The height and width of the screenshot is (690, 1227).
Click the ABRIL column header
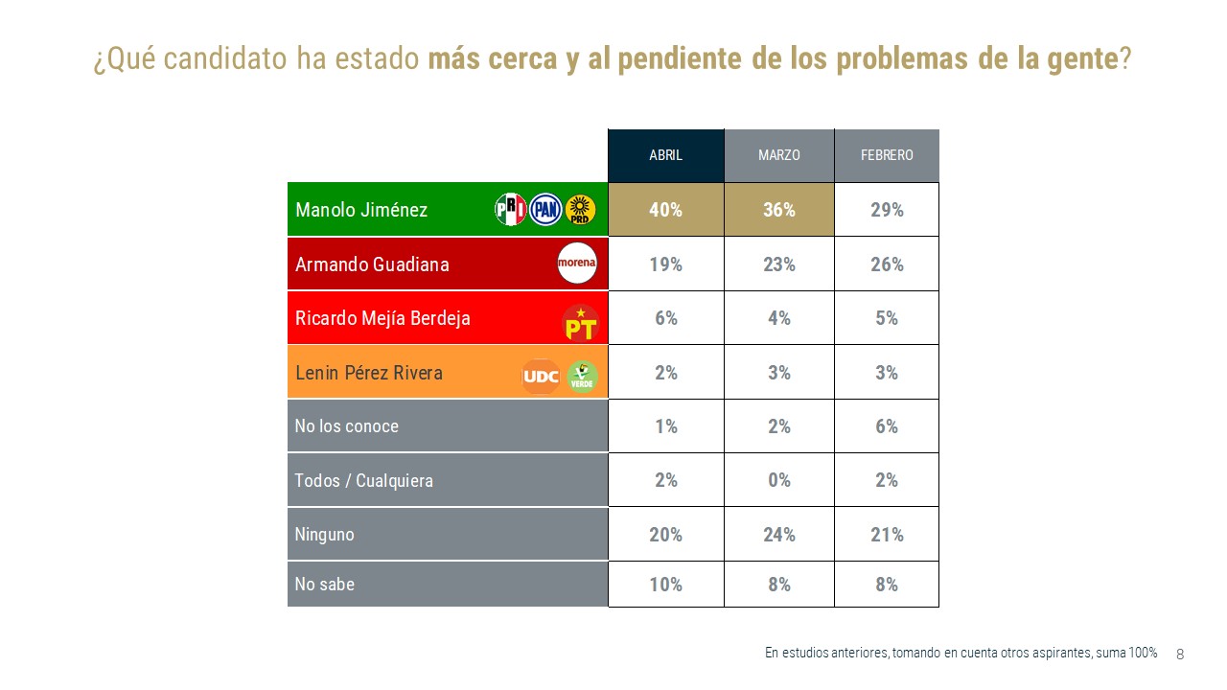665,155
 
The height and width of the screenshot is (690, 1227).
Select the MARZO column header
778,155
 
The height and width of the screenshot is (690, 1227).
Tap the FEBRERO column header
887,155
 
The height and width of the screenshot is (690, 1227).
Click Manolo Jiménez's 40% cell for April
665,210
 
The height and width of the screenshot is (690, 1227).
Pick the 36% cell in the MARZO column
778,210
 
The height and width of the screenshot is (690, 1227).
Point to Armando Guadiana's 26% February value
887,264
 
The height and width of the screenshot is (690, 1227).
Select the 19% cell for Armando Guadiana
665,264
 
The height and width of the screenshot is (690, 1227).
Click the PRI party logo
510,210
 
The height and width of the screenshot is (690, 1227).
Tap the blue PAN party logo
545,210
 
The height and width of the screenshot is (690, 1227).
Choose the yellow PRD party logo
580,210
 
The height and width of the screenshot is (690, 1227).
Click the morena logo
577,264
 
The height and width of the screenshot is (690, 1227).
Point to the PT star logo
579,322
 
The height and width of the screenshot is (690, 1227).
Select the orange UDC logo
540,376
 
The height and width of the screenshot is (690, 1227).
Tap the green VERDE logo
581,376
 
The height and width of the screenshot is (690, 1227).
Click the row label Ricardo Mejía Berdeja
382,318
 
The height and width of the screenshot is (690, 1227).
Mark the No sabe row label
325,584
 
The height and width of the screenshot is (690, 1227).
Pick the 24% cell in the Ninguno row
778,535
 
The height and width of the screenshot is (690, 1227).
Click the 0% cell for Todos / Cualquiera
778,480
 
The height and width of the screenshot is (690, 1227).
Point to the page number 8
1180,655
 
